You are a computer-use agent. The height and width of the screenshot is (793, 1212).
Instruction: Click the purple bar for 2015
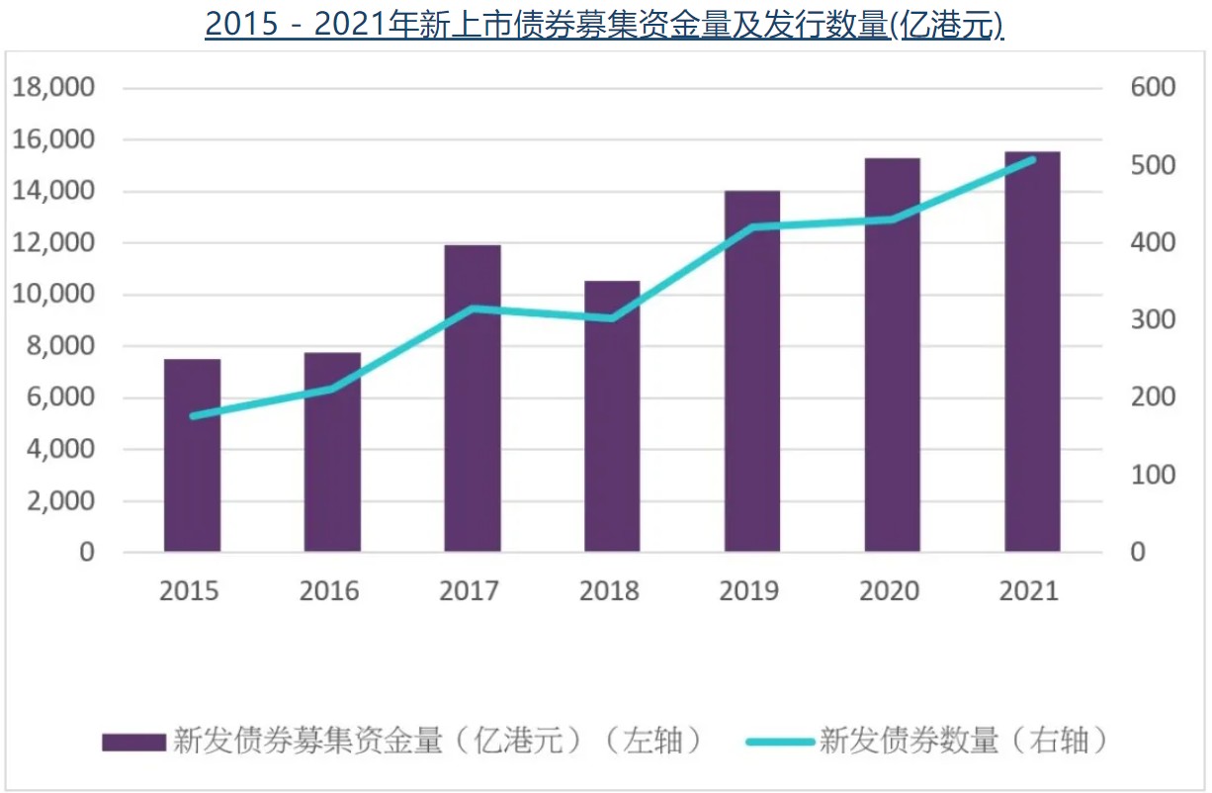click(x=192, y=455)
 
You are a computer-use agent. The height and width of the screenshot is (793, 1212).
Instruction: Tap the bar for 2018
click(x=612, y=415)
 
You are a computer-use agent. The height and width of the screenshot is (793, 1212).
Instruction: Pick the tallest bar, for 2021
click(x=1032, y=351)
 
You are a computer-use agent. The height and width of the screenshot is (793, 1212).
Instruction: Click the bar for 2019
click(x=752, y=371)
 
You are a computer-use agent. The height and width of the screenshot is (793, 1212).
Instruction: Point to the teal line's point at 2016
click(x=332, y=389)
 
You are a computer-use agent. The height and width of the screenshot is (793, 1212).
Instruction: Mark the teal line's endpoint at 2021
click(x=1032, y=159)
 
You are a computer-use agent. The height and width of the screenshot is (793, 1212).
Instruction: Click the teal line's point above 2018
click(x=612, y=318)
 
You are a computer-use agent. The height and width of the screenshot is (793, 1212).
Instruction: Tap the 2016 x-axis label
click(x=329, y=591)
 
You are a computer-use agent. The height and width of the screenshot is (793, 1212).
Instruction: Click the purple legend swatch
click(x=133, y=742)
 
